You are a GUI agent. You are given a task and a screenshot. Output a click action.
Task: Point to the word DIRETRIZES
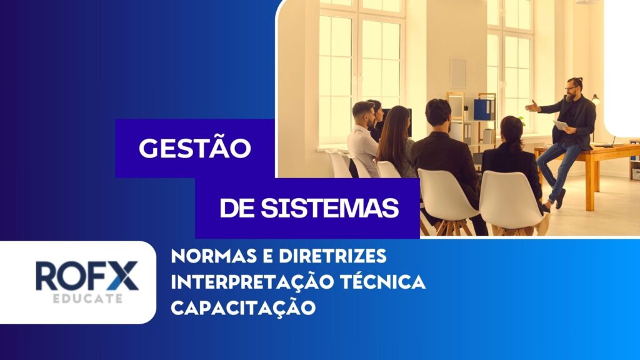(x=332, y=256)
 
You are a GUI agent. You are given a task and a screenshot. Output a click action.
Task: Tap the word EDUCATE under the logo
(x=87, y=298)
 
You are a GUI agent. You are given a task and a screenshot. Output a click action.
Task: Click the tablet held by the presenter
(x=562, y=125)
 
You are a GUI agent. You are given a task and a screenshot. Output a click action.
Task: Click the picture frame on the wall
(x=458, y=72)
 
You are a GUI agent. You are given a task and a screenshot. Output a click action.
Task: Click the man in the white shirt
(x=363, y=138)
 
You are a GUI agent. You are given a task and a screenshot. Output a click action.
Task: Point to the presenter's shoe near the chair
(x=560, y=199)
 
